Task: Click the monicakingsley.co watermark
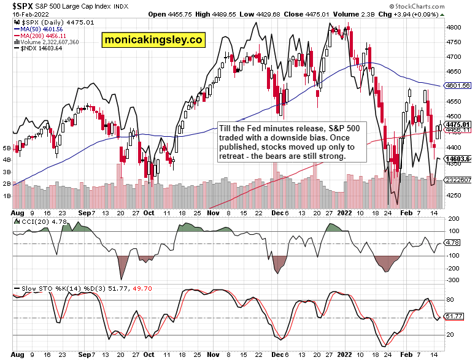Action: [x=153, y=39]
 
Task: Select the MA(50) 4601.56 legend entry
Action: [x=38, y=28]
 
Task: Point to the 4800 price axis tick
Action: [x=454, y=28]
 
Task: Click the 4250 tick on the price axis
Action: [x=454, y=196]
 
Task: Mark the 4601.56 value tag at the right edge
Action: [x=458, y=86]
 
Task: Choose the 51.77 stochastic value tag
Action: [x=455, y=316]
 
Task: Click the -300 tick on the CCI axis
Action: [x=454, y=280]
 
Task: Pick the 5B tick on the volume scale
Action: [x=7, y=148]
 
